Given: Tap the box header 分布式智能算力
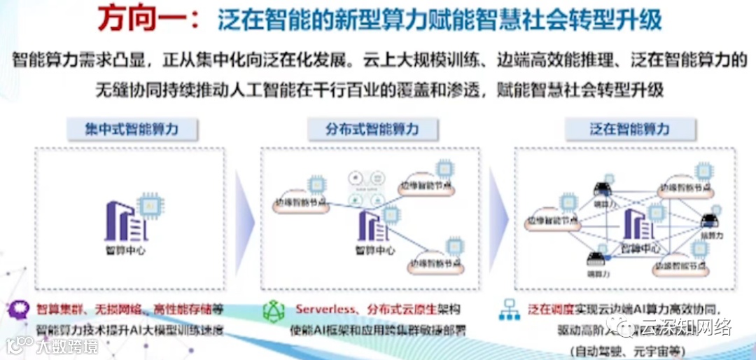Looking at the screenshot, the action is pos(372,130).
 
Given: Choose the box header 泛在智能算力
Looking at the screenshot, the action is pos(629,130).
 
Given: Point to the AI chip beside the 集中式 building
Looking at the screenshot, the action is pos(149,205).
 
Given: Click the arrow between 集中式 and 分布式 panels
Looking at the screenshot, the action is pos(242,219).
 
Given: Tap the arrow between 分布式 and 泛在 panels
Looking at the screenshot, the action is pos(496,219).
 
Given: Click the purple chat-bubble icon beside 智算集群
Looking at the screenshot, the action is pos(20,310).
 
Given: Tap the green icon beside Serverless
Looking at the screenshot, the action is pos(272,311).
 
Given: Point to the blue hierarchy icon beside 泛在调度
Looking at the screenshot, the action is pos(512,310).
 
